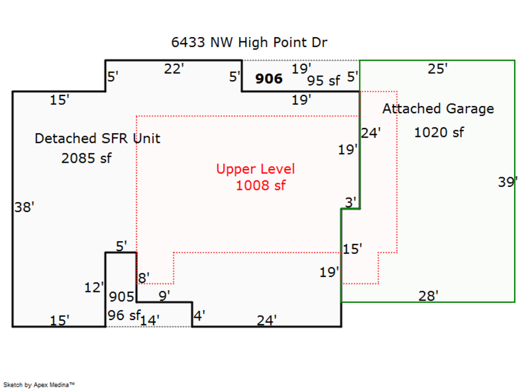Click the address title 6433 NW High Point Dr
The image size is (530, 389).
coord(249,42)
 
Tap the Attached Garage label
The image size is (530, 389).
coord(438,108)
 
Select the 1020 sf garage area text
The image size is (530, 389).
coord(439,133)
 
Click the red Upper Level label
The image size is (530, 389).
coord(256,169)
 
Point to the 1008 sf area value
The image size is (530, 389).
coord(260,186)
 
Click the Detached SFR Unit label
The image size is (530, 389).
coord(97,139)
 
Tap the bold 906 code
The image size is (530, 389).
coord(269,78)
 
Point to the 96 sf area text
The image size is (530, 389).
coord(122,315)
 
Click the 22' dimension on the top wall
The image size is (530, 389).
coord(174,69)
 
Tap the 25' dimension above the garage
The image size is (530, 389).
coord(437,68)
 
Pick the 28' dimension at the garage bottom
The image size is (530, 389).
coord(428,296)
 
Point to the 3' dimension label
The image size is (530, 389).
coord(351,202)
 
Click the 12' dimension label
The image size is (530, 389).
coord(94,288)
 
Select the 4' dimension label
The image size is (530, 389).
coord(199,316)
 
